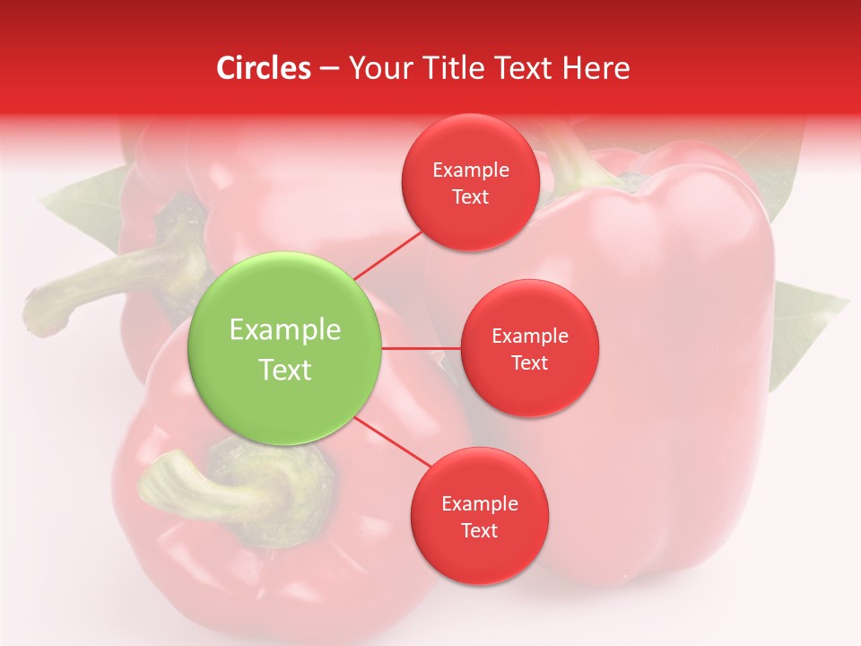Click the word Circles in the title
tap(263, 68)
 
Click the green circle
tap(285, 348)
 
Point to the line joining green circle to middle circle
tap(421, 348)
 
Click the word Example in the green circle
tap(285, 330)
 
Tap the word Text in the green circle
tap(285, 370)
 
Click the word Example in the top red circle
tap(471, 170)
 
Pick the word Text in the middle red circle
tap(530, 363)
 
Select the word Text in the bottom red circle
tap(479, 531)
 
